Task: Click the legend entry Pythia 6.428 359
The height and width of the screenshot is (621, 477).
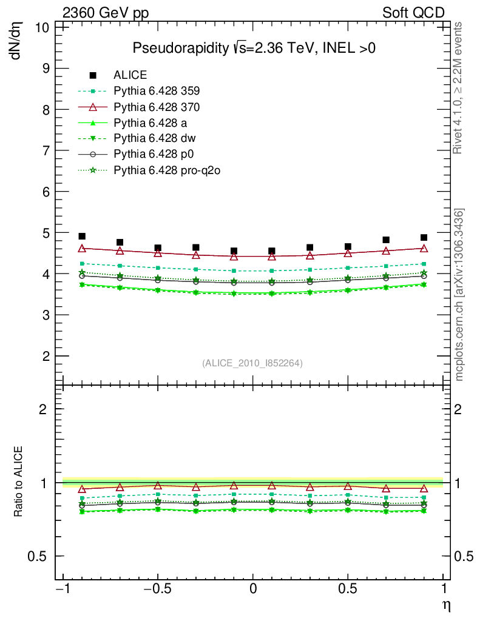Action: coord(157,92)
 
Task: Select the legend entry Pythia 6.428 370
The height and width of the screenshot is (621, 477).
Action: coord(157,107)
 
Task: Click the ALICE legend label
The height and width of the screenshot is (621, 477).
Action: coord(130,76)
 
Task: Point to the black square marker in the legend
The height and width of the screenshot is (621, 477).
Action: coord(93,75)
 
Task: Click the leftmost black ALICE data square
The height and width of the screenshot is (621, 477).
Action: coord(82,236)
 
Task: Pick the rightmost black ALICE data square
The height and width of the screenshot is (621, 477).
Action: coord(424,237)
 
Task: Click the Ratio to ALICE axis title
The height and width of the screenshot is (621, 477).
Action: coord(18,483)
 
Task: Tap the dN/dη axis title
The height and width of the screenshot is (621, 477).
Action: coord(16,41)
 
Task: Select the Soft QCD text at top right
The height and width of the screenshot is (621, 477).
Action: coord(413,13)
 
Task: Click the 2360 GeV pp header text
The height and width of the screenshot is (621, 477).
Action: coord(106,13)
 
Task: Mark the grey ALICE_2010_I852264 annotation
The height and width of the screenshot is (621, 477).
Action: coord(252,363)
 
